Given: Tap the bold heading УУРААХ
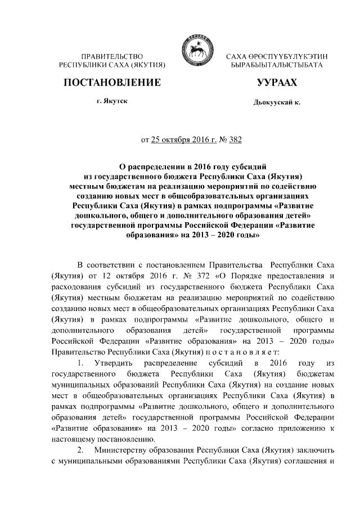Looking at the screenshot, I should coord(276,83).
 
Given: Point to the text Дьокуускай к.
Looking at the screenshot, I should coord(277,103).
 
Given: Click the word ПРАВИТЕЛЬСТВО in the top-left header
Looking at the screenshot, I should coord(112,57).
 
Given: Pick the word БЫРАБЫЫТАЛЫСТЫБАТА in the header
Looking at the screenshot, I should coord(277,66).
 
